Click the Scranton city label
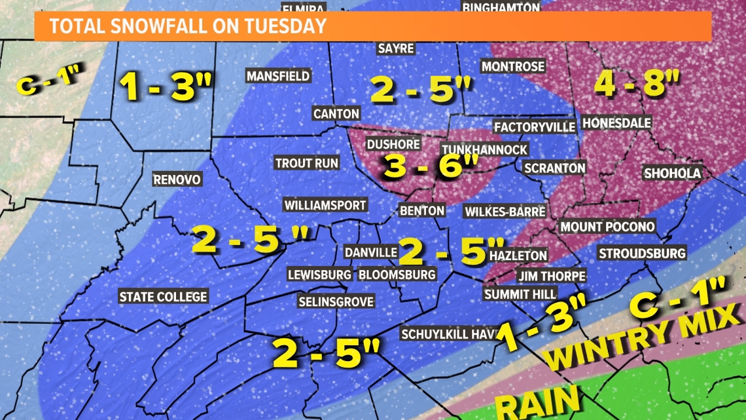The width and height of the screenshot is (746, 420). point(555,168)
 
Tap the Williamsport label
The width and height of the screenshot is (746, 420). point(325,206)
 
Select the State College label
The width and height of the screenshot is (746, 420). point(163,297)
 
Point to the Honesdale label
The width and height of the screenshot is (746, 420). point(616,123)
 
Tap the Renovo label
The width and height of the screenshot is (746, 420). point(177,180)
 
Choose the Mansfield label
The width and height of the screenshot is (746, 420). point(278,76)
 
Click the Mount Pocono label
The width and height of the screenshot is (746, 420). point(607,227)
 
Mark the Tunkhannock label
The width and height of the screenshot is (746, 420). point(484,150)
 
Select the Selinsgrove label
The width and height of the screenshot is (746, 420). point(336,302)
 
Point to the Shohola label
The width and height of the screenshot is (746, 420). point(672,174)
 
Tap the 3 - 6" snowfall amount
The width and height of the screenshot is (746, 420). point(432,166)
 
